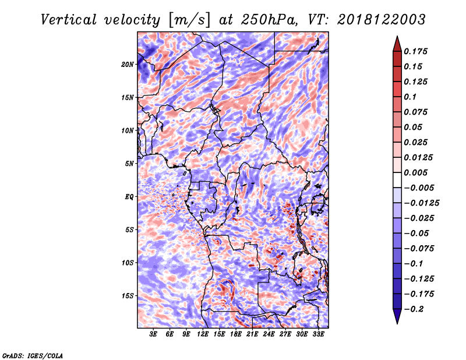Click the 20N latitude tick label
[128, 65]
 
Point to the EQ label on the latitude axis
[129, 197]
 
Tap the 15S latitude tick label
[128, 296]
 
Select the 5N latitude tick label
[129, 164]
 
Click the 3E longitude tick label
[153, 334]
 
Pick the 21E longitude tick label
[252, 334]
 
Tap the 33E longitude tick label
[318, 334]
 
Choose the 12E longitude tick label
[202, 334]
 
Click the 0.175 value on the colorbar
[415, 52]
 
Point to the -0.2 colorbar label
[414, 309]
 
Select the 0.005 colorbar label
[415, 172]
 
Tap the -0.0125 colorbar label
[421, 203]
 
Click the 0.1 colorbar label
[410, 97]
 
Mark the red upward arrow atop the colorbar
[397, 44]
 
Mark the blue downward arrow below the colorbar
[397, 316]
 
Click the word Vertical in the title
[69, 20]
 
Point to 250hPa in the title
[269, 20]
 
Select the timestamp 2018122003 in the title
[382, 20]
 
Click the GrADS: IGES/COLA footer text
[33, 356]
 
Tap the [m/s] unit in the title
[189, 20]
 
